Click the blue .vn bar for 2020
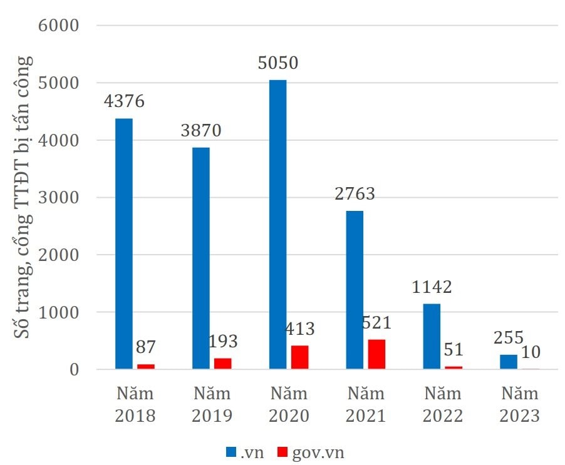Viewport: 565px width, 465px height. click(x=277, y=225)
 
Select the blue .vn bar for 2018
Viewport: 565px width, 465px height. click(x=123, y=244)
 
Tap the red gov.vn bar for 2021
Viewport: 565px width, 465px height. click(x=376, y=354)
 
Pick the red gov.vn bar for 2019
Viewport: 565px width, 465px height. click(x=222, y=364)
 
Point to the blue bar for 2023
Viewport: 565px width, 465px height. click(x=509, y=362)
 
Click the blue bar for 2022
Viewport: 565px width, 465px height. click(x=432, y=337)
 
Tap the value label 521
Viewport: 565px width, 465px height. click(x=376, y=323)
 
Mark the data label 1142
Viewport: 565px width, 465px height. click(x=432, y=287)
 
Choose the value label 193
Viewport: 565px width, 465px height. click(x=224, y=342)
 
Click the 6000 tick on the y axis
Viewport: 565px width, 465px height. click(x=58, y=26)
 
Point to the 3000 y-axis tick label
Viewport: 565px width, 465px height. click(x=58, y=198)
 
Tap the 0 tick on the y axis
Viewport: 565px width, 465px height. click(x=73, y=370)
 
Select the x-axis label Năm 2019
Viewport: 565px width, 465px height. click(x=212, y=405)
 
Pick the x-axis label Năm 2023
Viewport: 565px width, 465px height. click(x=520, y=405)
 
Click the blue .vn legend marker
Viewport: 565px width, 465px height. click(x=231, y=451)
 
